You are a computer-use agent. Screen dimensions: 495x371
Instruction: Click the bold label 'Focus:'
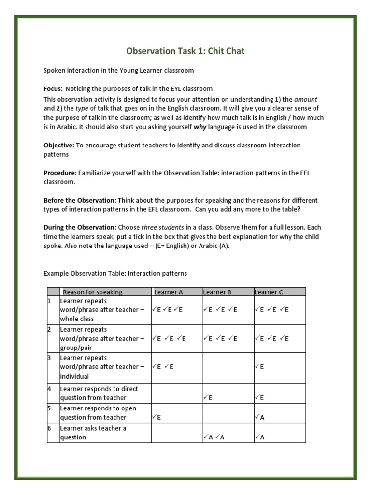coord(53,89)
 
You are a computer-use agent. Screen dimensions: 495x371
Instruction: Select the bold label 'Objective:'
coord(58,145)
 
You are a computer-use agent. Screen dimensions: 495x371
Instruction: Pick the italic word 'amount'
coord(306,99)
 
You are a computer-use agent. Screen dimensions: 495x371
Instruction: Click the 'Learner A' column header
coord(169,292)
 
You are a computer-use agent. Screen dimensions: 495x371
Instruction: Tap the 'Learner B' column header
coord(217,292)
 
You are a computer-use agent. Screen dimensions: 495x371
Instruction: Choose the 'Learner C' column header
coord(269,292)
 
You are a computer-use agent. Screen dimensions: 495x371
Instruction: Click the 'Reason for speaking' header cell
coord(92,292)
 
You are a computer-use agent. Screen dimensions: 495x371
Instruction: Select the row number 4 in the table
coord(49,389)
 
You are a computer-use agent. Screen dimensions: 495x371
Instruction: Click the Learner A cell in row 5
coord(176,413)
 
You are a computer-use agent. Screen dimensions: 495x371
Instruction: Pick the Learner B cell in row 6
coord(228,433)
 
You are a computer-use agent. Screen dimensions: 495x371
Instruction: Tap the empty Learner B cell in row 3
coord(228,368)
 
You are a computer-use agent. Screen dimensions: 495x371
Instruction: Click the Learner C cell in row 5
coord(279,413)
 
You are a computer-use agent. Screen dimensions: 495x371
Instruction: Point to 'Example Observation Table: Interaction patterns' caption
coord(115,273)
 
